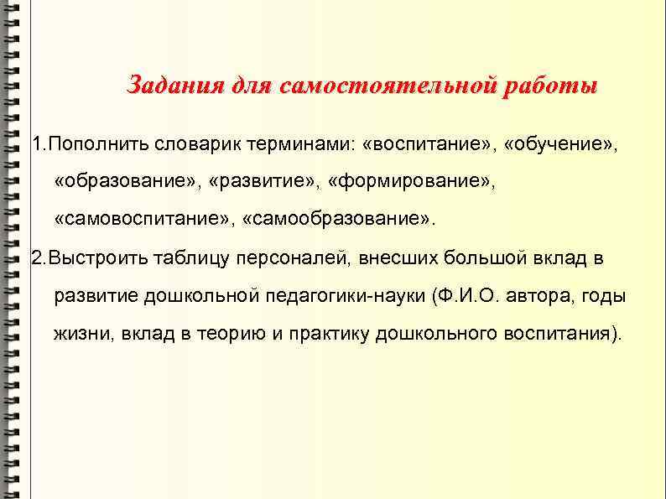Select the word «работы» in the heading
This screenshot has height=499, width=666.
click(x=550, y=86)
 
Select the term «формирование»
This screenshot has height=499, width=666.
click(x=412, y=181)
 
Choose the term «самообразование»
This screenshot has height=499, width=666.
click(x=339, y=219)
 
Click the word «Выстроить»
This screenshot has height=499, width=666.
click(x=100, y=257)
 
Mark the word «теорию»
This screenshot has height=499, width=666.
click(x=227, y=334)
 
